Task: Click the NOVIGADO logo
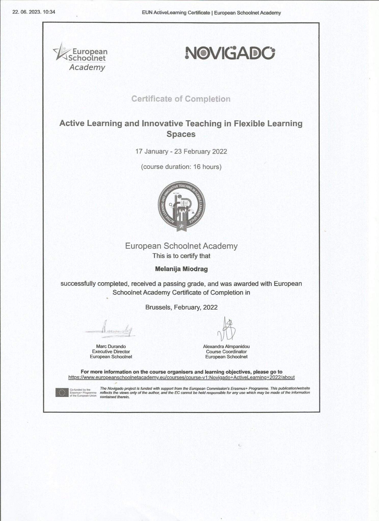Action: pyautogui.click(x=230, y=53)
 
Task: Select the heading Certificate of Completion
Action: pyautogui.click(x=181, y=99)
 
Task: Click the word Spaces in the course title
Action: pyautogui.click(x=181, y=134)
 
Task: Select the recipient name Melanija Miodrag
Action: pyautogui.click(x=181, y=269)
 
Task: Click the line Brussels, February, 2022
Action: pyautogui.click(x=181, y=307)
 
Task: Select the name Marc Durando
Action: pyautogui.click(x=111, y=346)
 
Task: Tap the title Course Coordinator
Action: pyautogui.click(x=226, y=352)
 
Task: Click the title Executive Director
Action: pyautogui.click(x=111, y=352)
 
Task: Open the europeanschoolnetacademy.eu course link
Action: pyautogui.click(x=181, y=377)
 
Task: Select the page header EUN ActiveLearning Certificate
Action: pyautogui.click(x=176, y=13)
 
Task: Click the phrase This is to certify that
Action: pyautogui.click(x=181, y=256)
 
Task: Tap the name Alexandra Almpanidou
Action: pyautogui.click(x=226, y=346)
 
